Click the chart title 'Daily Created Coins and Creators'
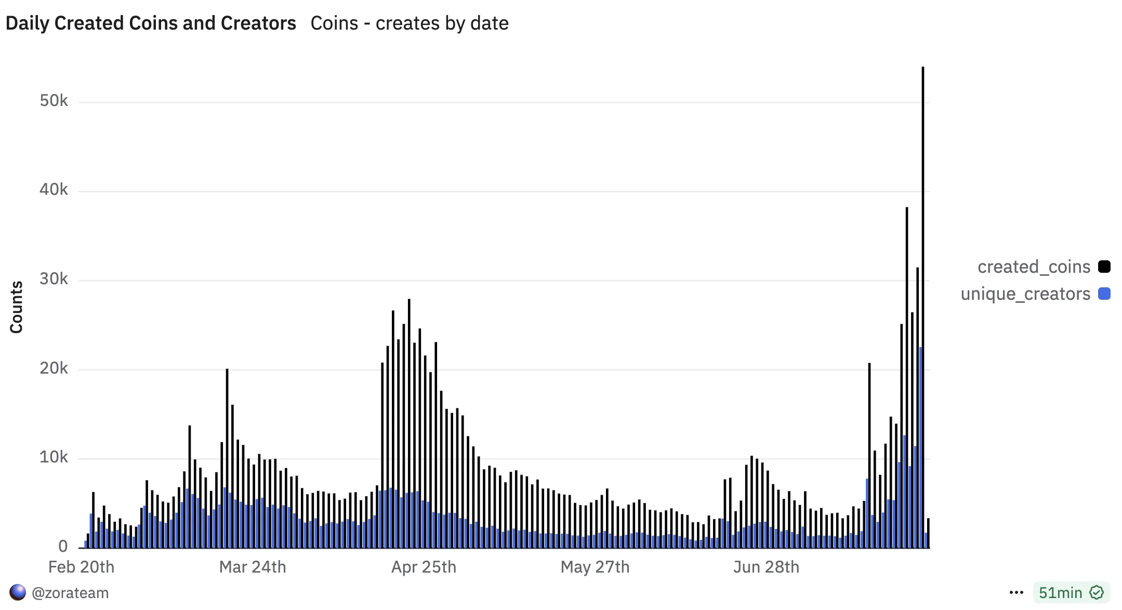coord(151,23)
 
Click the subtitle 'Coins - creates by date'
coord(410,23)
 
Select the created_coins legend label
coord(1034,267)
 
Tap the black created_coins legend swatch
coord(1104,267)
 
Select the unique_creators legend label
coord(1025,294)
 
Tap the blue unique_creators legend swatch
coord(1104,294)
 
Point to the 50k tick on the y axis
coord(54,101)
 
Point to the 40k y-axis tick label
coord(54,190)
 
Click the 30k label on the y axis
coord(54,279)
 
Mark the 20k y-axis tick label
coord(54,368)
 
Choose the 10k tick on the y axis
coord(54,457)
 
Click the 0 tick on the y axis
coord(63,546)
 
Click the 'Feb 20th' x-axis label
coord(81,567)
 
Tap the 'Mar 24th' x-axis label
coord(253,567)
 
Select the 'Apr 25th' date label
coord(424,567)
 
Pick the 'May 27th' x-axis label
coord(595,567)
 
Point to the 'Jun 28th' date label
coord(766,567)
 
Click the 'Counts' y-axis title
coord(17,307)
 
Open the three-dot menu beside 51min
coord(1016,592)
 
